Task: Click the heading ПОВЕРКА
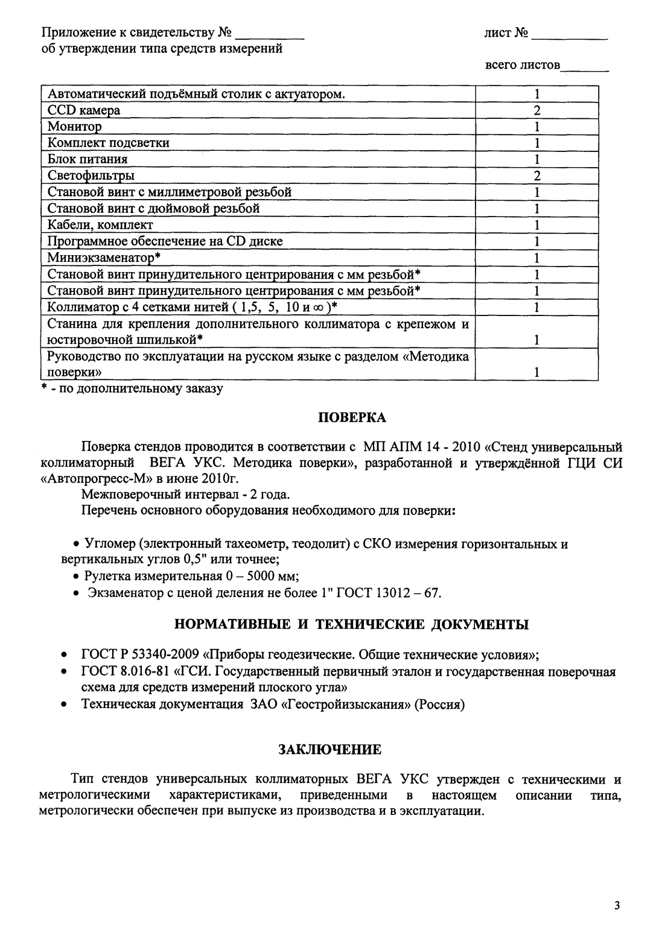(352, 417)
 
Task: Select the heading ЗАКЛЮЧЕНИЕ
(329, 750)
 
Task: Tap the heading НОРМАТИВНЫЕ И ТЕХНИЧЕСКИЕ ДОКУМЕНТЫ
(351, 624)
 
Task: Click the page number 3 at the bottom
(616, 905)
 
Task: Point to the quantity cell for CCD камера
(536, 110)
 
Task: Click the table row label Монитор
(75, 127)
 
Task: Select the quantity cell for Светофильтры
(536, 176)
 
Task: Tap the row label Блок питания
(88, 159)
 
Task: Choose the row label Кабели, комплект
(100, 225)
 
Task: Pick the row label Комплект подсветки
(109, 143)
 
